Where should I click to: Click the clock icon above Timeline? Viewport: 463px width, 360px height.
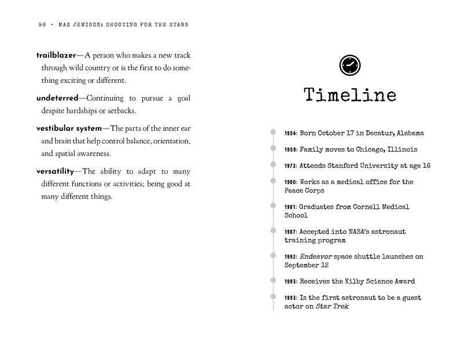tap(350, 65)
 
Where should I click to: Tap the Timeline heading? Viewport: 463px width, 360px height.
tap(350, 95)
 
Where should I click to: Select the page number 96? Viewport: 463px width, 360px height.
tap(42, 25)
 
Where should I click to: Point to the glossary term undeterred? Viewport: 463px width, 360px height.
tap(57, 98)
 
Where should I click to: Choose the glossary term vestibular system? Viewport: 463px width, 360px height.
tap(69, 128)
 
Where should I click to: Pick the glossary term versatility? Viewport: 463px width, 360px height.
tap(56, 171)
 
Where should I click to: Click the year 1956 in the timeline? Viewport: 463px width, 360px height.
tap(291, 134)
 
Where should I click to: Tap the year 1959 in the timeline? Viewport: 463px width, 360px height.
tap(291, 150)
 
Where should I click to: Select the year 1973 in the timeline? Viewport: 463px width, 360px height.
tap(291, 166)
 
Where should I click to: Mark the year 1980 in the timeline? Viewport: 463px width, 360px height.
tap(291, 182)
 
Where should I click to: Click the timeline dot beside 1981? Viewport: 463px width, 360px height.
tap(273, 206)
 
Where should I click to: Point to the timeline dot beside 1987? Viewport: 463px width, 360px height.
tap(273, 231)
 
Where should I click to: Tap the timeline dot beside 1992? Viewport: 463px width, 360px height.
tap(273, 256)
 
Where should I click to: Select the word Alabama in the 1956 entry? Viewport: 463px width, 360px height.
tap(410, 133)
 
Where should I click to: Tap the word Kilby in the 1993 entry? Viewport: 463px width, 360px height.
tap(358, 281)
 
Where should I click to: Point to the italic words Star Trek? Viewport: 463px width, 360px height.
tap(332, 306)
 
